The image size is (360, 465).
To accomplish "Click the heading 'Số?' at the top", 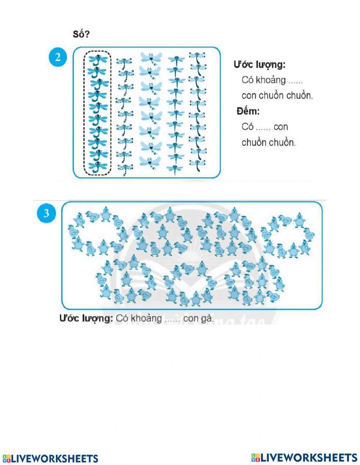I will [x=81, y=35].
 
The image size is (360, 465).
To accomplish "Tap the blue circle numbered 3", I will [x=46, y=213].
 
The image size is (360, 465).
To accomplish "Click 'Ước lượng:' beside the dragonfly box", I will [x=259, y=65].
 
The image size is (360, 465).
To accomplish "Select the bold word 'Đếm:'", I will [x=248, y=111].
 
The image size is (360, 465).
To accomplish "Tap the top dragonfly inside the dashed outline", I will [x=98, y=59].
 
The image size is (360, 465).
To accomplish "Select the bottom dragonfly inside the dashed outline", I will [x=98, y=166].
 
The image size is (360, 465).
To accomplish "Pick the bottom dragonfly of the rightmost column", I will [x=197, y=166].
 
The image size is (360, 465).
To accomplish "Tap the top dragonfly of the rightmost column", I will [x=197, y=56].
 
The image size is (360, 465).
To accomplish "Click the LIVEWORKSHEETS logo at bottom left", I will [x=50, y=459].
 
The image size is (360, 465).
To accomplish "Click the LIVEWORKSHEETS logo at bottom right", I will [x=304, y=458].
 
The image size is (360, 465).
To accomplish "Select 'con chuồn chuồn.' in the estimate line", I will [x=277, y=96].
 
